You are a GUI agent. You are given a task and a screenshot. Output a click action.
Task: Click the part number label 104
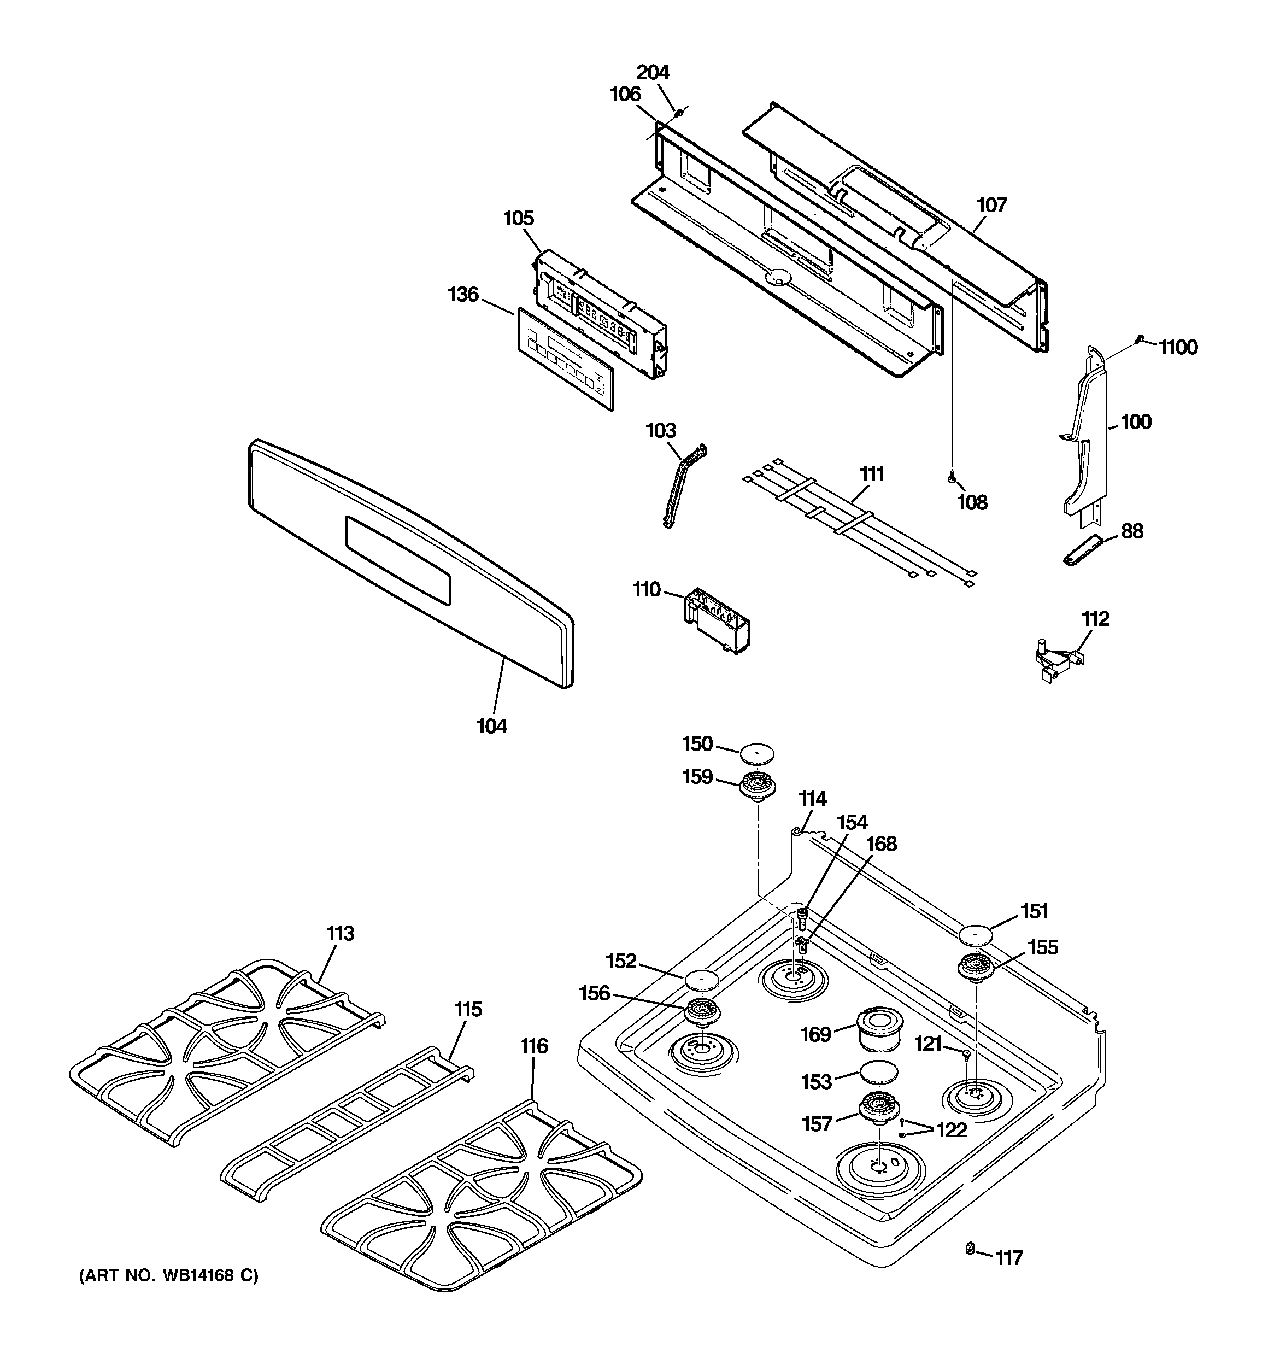(491, 727)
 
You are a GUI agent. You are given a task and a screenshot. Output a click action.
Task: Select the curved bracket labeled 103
(684, 486)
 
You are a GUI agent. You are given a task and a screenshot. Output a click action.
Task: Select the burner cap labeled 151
(976, 936)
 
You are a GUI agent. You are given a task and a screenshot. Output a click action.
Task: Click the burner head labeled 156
(702, 1012)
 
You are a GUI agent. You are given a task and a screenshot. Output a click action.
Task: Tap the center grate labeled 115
(347, 1125)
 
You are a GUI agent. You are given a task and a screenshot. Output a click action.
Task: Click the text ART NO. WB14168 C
(169, 1275)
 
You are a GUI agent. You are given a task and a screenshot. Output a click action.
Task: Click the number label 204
(653, 72)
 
